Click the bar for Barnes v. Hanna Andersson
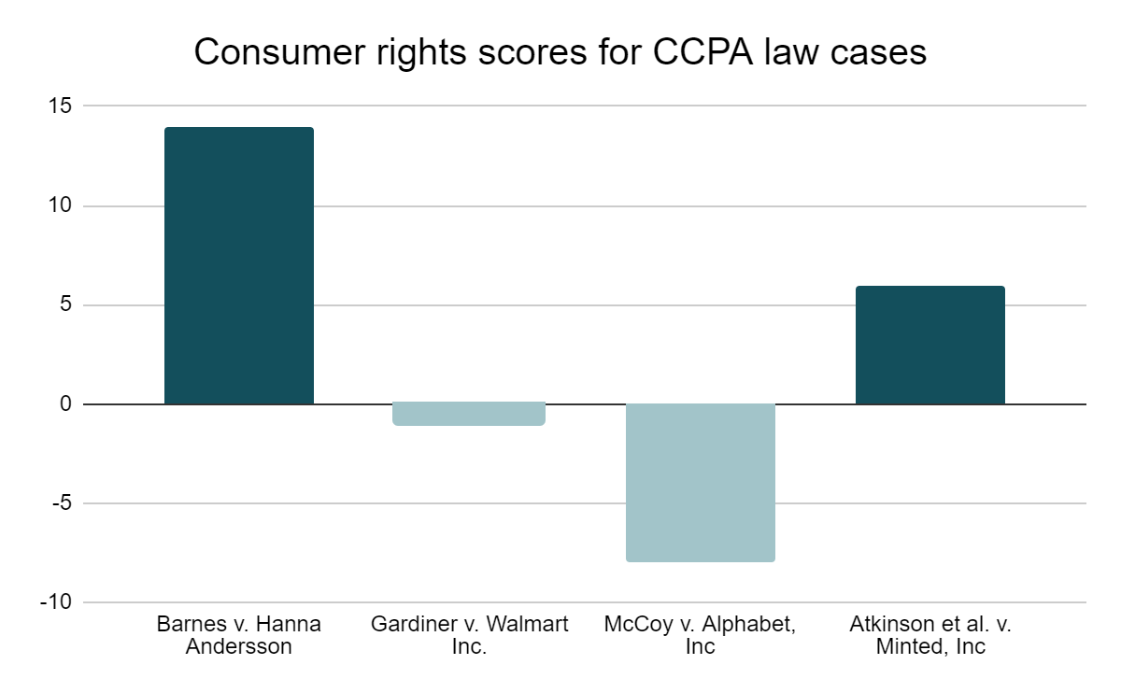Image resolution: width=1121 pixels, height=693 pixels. click(239, 266)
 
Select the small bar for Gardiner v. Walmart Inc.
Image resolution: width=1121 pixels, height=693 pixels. click(470, 414)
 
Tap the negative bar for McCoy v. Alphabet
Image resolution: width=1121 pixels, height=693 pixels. click(701, 483)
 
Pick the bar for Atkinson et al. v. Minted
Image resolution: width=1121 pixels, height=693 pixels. click(930, 346)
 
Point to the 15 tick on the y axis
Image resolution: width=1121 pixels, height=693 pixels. click(61, 106)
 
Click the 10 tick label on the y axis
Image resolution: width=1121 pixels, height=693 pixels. click(61, 205)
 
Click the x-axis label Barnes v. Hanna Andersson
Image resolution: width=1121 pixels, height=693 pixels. click(239, 635)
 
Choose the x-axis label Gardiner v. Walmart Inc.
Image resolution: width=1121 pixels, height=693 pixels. click(470, 635)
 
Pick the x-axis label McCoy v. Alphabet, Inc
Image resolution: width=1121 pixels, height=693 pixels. click(701, 635)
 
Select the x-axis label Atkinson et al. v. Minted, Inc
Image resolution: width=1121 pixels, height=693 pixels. click(930, 635)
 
